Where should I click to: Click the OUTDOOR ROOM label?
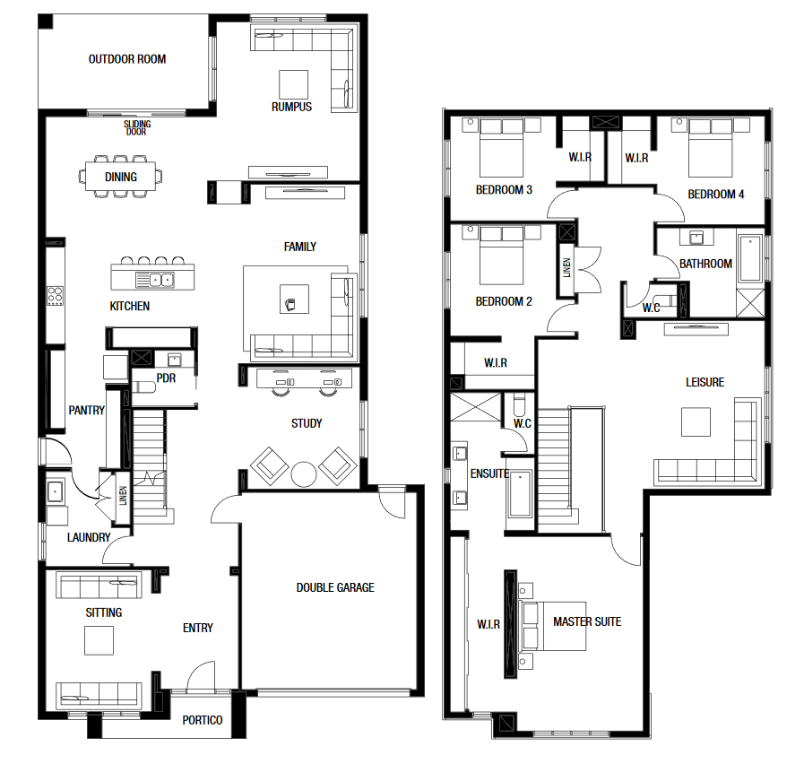click(127, 59)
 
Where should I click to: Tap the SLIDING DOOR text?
click(137, 127)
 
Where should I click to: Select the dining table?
click(120, 177)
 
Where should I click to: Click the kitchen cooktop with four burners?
click(56, 296)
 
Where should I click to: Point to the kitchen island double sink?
click(161, 280)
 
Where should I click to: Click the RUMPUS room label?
click(292, 107)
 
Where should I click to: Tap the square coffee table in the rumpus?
click(293, 84)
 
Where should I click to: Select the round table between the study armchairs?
click(304, 474)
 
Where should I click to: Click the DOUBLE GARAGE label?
click(335, 587)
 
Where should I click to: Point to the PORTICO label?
click(203, 720)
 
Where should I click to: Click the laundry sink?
click(55, 491)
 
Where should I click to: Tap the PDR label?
click(166, 378)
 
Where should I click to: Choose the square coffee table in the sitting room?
click(99, 640)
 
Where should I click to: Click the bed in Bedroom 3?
click(501, 148)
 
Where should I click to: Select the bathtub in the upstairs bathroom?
click(751, 258)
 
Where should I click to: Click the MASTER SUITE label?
click(587, 622)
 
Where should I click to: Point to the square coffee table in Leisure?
click(696, 421)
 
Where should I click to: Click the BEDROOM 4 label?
click(716, 194)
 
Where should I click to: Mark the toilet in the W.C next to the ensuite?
click(519, 404)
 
